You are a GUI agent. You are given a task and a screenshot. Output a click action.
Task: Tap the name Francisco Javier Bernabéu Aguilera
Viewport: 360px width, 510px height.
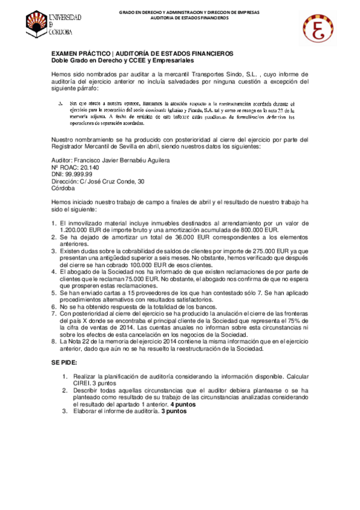tap(120, 161)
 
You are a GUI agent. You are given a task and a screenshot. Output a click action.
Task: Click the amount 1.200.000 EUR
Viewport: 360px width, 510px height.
tap(84, 229)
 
